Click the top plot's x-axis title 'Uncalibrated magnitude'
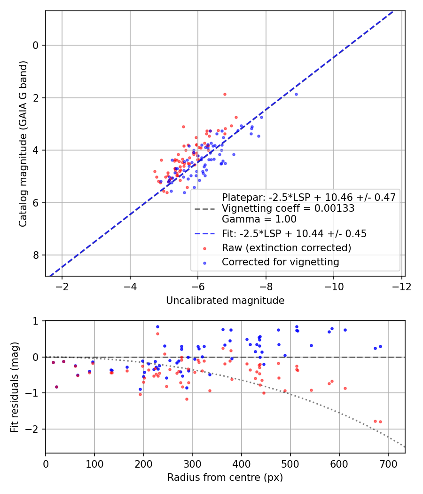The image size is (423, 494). pos(225,301)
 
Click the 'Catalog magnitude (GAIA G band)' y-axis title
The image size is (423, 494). pos(23,143)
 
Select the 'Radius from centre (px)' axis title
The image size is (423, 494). pos(225,478)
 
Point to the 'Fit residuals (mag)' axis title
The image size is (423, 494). pos(15,386)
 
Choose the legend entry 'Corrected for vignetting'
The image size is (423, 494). pos(281,262)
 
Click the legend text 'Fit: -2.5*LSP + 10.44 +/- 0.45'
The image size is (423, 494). pos(294,233)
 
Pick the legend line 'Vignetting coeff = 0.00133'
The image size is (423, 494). pos(288,208)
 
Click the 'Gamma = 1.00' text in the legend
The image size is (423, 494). pos(259,219)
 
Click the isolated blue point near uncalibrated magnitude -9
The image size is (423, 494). pos(296,94)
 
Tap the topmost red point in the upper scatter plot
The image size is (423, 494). pos(225,94)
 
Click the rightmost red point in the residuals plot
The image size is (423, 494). pos(380,422)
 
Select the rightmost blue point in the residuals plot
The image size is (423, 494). pos(380,346)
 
